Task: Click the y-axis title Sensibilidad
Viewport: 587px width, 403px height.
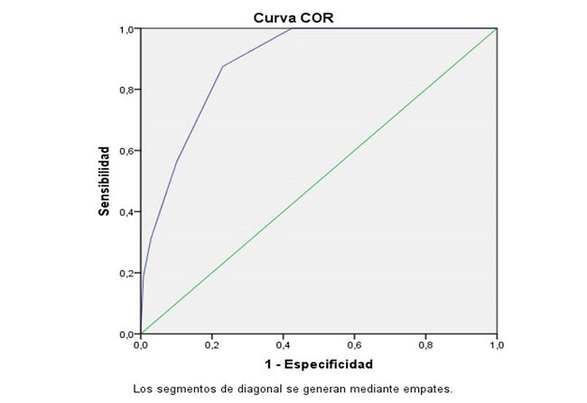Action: point(105,181)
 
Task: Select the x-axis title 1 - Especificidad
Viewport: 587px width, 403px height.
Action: point(319,364)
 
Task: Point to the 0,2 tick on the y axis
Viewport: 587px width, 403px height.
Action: point(128,273)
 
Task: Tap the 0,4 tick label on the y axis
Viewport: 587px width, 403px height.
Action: point(128,212)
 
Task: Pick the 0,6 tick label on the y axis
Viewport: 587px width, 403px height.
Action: point(128,151)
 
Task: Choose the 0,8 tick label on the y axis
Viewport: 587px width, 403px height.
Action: point(128,89)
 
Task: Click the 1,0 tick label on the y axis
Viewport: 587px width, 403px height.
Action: point(128,29)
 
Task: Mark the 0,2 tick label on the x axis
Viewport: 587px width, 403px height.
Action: point(212,344)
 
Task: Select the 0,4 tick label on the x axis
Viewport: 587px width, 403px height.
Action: point(284,344)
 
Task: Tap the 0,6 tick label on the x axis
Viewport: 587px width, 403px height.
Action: point(355,344)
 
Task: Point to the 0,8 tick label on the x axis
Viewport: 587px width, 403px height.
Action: point(426,344)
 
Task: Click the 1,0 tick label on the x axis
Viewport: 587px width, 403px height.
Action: point(497,344)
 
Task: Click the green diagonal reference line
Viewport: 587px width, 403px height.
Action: point(319,181)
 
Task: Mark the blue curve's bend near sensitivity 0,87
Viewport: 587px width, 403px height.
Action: point(222,66)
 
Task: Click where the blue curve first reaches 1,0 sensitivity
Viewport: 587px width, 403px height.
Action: point(293,29)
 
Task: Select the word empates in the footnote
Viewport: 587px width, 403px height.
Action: point(424,389)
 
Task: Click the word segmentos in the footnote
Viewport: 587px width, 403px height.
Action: point(182,389)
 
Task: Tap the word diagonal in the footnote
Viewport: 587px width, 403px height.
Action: point(250,389)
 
